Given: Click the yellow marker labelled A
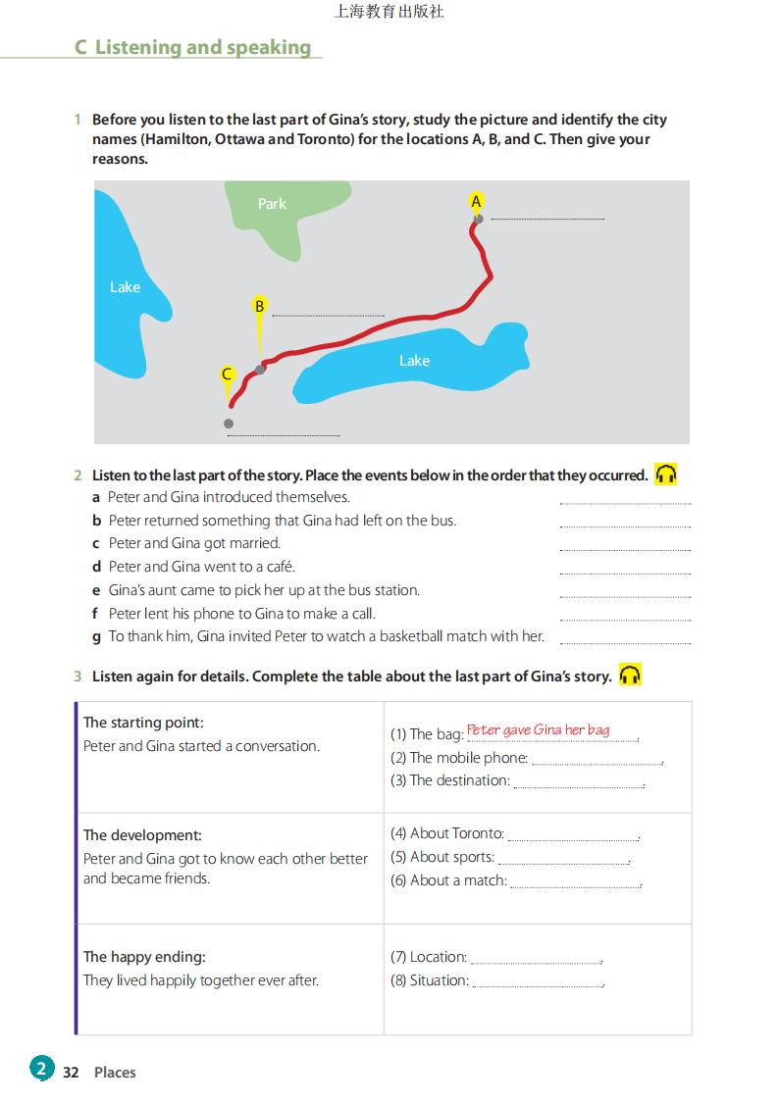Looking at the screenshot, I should [476, 201].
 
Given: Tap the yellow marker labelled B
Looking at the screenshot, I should [259, 306].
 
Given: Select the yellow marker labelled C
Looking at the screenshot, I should [227, 374].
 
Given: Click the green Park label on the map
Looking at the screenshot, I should [272, 204].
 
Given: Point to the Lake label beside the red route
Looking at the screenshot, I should [414, 361].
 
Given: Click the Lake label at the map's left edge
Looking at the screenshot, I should [125, 287].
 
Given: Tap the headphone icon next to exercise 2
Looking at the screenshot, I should [666, 475].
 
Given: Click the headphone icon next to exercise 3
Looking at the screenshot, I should [630, 675].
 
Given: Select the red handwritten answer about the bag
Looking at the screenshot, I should [538, 730].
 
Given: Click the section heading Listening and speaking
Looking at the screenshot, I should [192, 47].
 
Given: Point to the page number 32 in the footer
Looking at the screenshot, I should [71, 1073].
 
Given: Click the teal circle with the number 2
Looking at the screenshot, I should [41, 1069].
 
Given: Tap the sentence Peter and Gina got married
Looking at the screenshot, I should [194, 543].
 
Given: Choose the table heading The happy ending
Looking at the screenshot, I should [144, 957].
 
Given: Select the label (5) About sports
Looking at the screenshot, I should [441, 857].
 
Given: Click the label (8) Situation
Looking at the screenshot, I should [429, 980].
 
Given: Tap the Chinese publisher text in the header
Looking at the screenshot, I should [389, 12].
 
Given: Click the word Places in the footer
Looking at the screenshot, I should [115, 1073].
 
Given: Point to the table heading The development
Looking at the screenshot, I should [142, 835].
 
